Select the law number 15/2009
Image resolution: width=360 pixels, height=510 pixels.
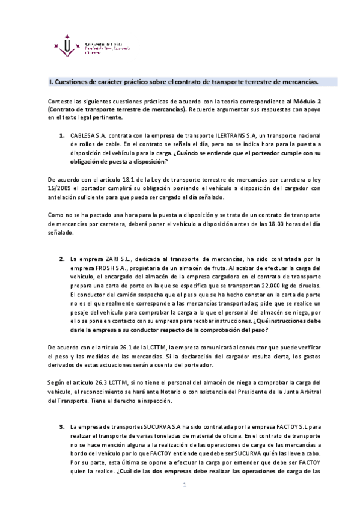[x=58, y=188]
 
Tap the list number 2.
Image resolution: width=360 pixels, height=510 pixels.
[x=61, y=259]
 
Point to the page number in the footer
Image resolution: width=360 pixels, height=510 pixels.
[x=186, y=486]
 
